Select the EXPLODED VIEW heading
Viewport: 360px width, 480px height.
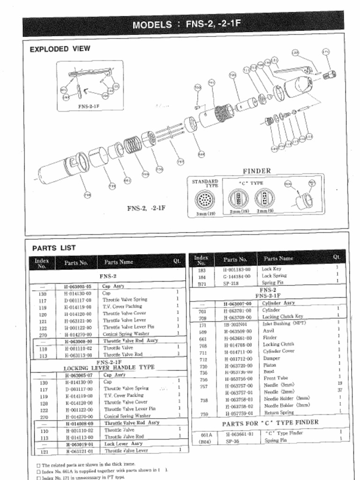[x=60, y=49]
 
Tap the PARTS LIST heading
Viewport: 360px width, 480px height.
[x=54, y=248]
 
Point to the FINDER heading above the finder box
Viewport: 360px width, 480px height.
[x=256, y=171]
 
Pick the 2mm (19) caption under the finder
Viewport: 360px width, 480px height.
[x=239, y=212]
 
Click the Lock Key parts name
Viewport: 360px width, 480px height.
[x=271, y=269]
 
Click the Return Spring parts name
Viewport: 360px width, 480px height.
[x=278, y=413]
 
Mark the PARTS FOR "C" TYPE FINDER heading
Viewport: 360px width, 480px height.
[x=270, y=423]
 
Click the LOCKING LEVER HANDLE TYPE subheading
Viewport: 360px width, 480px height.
[x=109, y=368]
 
